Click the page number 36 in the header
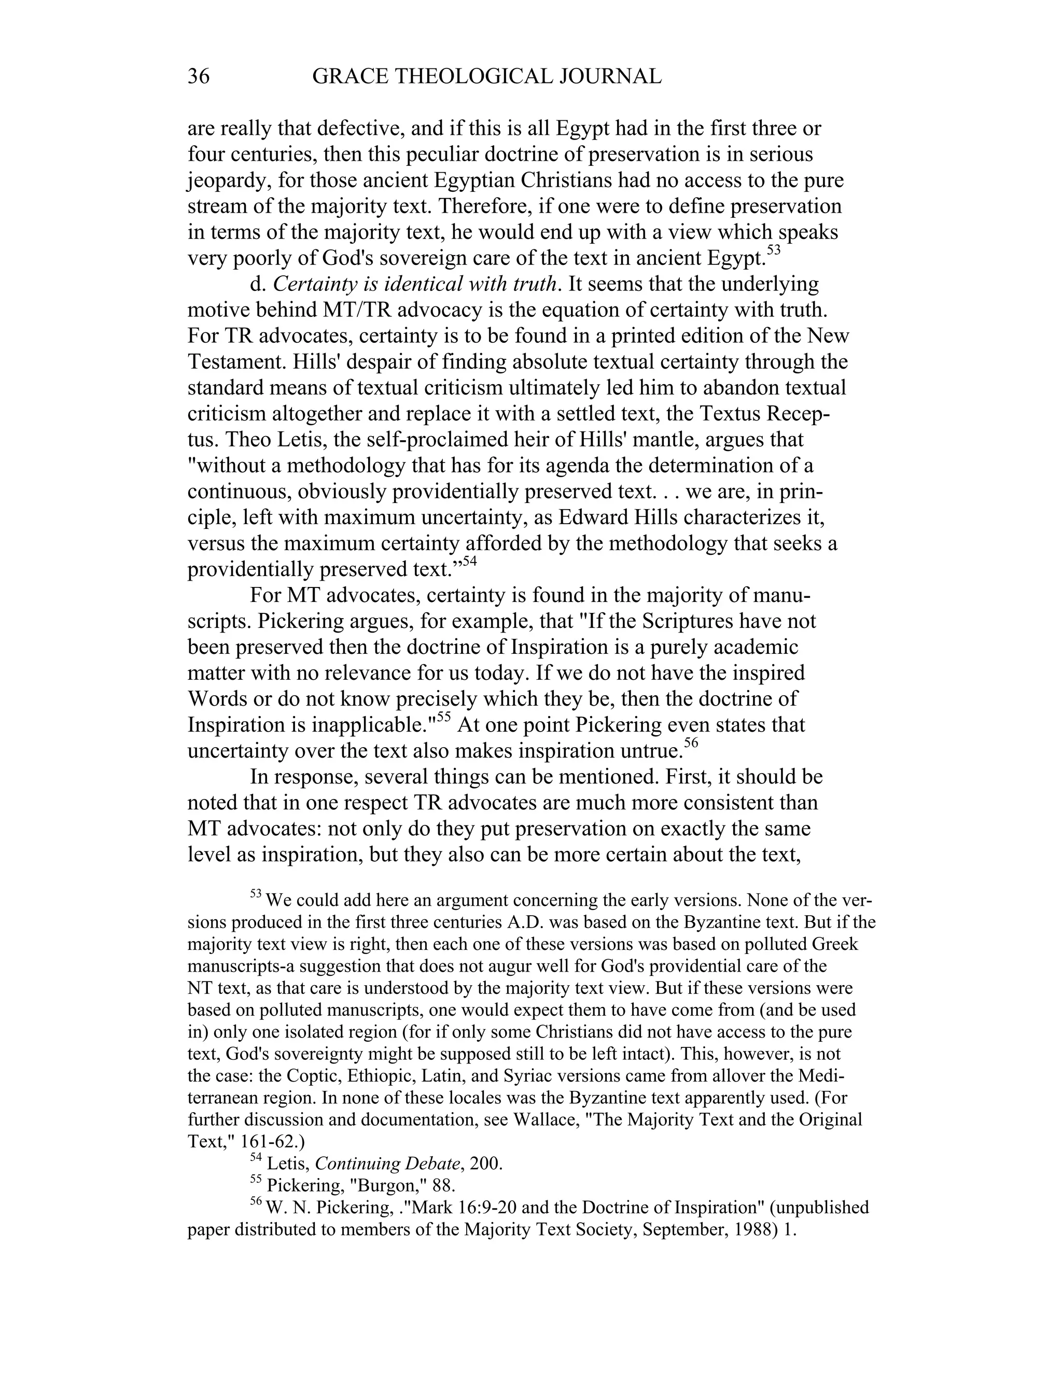pos(198,77)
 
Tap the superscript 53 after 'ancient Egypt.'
pos(773,250)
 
